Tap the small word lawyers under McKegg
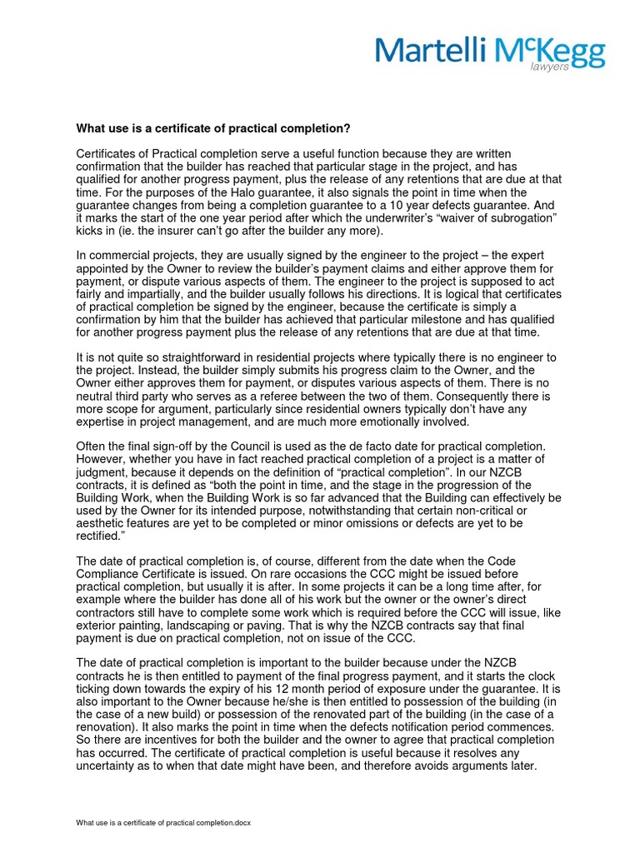[550, 67]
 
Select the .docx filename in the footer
[163, 822]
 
